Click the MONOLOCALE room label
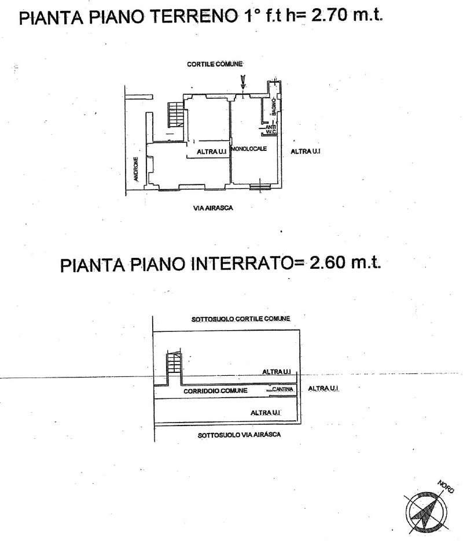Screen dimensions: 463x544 click(x=249, y=149)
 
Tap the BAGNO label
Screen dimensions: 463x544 click(x=274, y=106)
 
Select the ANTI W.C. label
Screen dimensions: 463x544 click(x=271, y=129)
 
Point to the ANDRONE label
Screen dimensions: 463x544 click(x=136, y=169)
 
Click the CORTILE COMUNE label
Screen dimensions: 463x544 click(x=215, y=64)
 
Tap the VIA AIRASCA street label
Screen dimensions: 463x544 click(x=213, y=208)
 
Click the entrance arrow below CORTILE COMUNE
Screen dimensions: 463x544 click(x=243, y=83)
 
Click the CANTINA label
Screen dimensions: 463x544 click(x=283, y=389)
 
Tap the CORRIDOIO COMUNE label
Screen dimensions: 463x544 click(x=215, y=391)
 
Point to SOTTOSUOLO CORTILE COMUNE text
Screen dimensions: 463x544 click(x=241, y=319)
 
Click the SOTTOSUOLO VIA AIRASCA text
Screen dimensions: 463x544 click(x=239, y=435)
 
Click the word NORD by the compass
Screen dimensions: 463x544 click(x=446, y=486)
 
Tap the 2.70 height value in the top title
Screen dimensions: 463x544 click(x=328, y=15)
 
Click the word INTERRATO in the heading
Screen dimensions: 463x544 click(x=241, y=264)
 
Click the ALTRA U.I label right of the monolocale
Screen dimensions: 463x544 click(x=306, y=151)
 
